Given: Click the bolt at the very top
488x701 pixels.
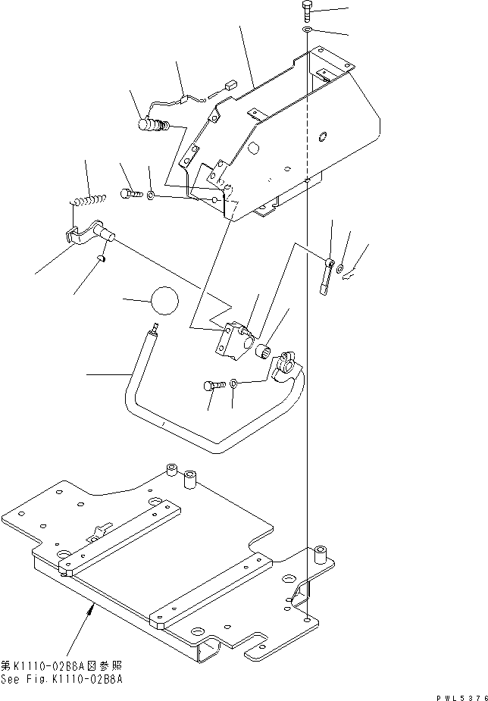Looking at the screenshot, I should [x=306, y=11].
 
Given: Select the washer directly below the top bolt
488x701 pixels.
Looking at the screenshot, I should [x=306, y=30].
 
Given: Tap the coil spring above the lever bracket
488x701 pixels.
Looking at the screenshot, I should [x=89, y=200].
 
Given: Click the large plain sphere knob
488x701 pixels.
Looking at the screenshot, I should [x=165, y=301].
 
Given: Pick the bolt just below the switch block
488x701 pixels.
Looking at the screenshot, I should [x=213, y=386].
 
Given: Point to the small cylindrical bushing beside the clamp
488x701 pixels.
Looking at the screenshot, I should [x=266, y=352].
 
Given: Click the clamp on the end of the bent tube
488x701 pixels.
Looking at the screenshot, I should [x=286, y=362].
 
